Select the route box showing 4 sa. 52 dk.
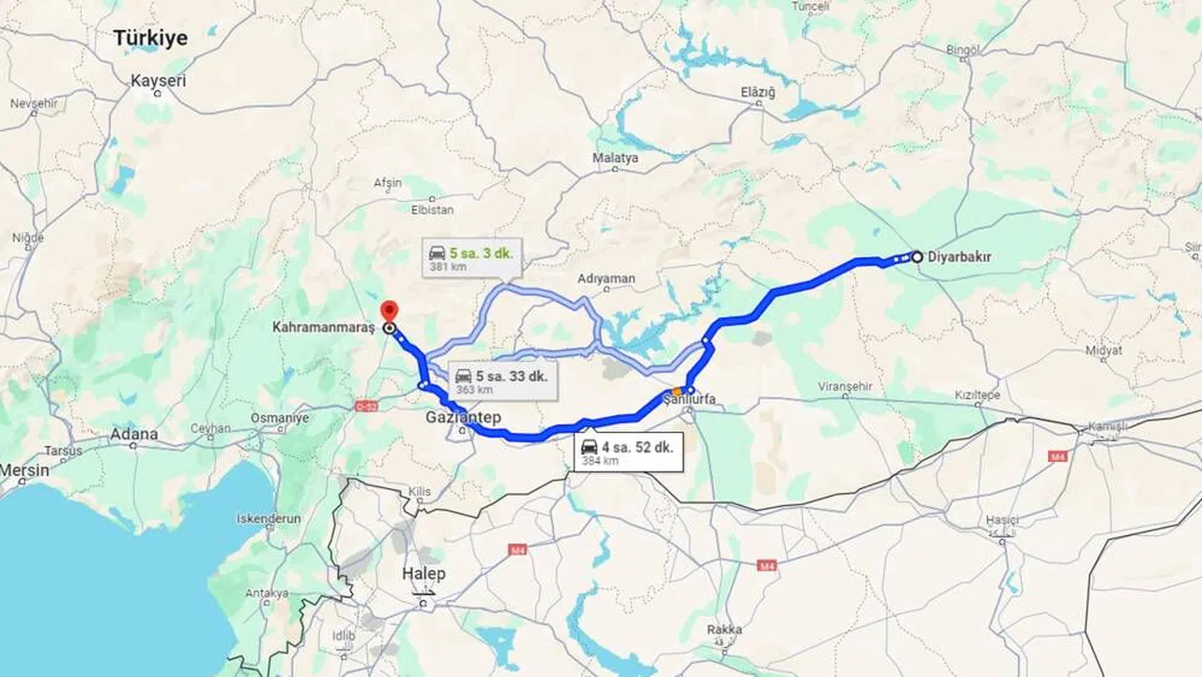click(x=628, y=453)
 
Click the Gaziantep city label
click(x=463, y=417)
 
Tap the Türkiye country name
click(x=150, y=38)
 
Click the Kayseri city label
click(x=159, y=81)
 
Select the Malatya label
click(x=615, y=158)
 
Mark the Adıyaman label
click(x=607, y=279)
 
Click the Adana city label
click(x=133, y=435)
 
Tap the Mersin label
click(x=24, y=469)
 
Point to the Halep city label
click(x=423, y=574)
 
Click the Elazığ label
click(x=757, y=92)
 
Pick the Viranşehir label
click(x=845, y=386)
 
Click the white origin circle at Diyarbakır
click(x=917, y=256)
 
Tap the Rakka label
click(x=724, y=629)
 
